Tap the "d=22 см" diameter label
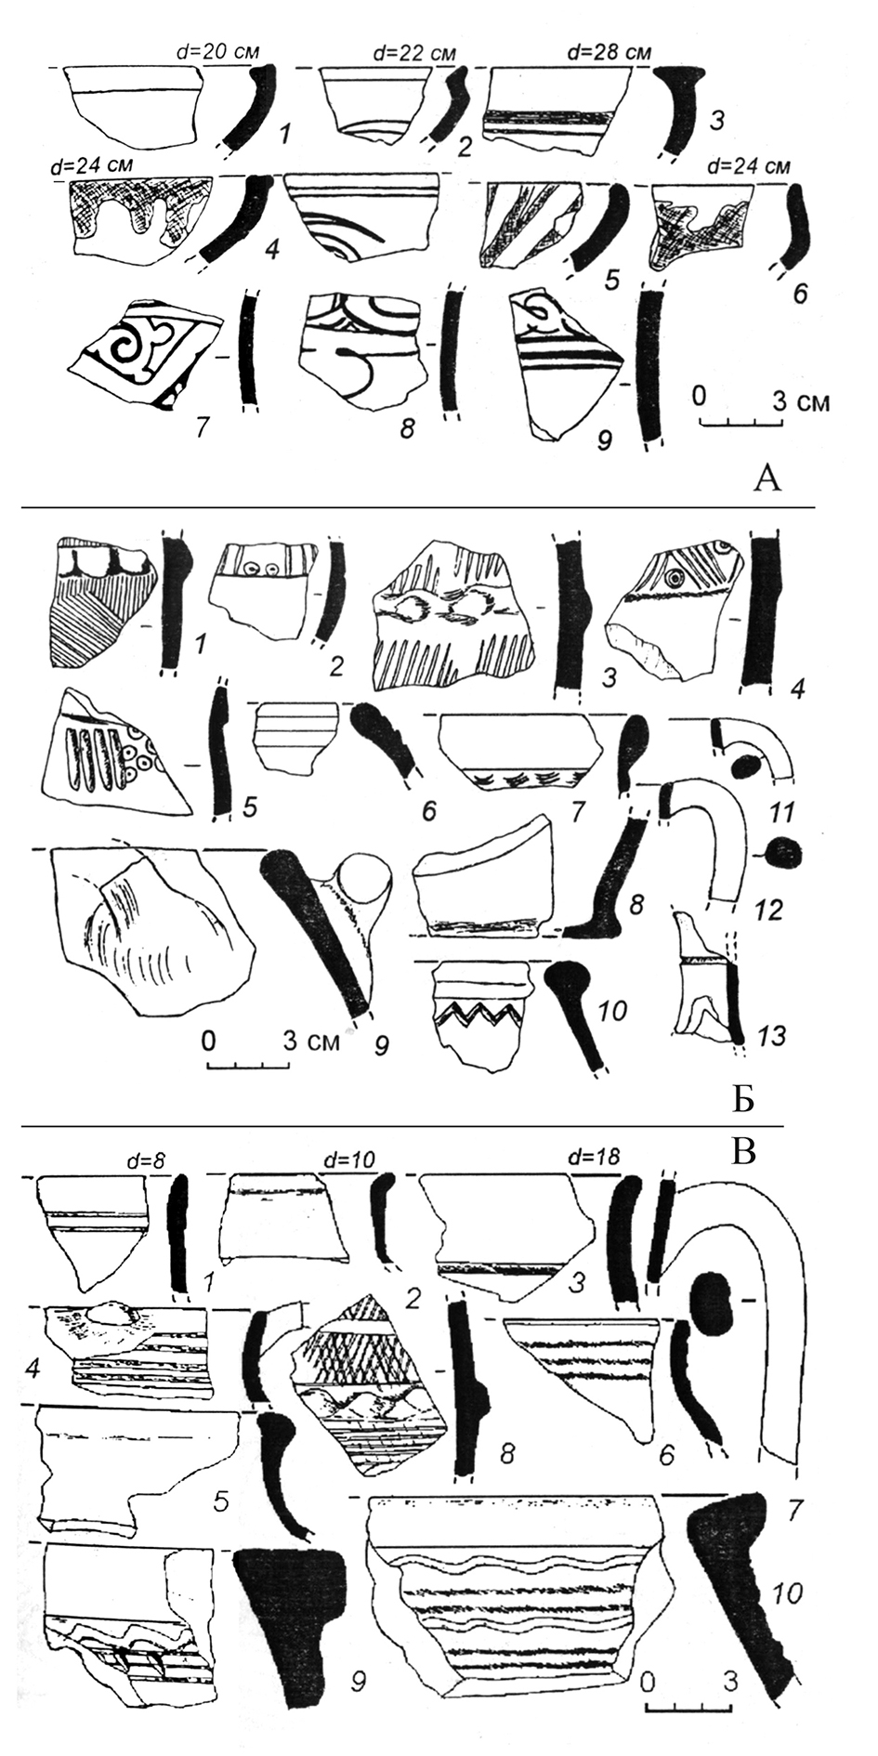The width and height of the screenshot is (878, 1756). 413,53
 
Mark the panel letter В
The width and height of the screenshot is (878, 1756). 748,1152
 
